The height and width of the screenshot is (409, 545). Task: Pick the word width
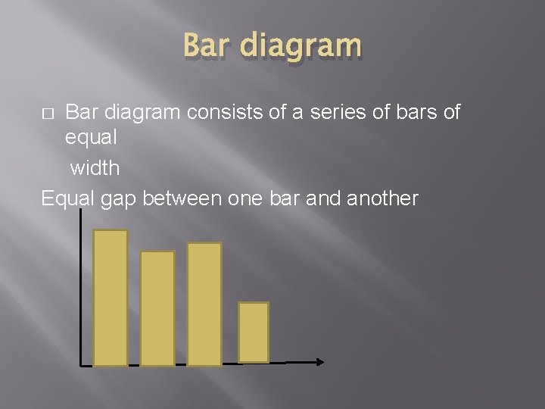click(x=95, y=167)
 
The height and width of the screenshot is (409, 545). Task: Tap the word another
click(x=381, y=198)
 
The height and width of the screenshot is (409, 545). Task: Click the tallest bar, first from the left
click(x=111, y=298)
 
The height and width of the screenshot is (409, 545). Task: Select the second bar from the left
click(x=157, y=308)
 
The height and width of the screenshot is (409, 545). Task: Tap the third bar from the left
click(x=204, y=304)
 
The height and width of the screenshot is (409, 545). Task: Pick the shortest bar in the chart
click(x=254, y=333)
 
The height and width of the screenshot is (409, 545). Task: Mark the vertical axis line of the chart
click(x=81, y=288)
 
